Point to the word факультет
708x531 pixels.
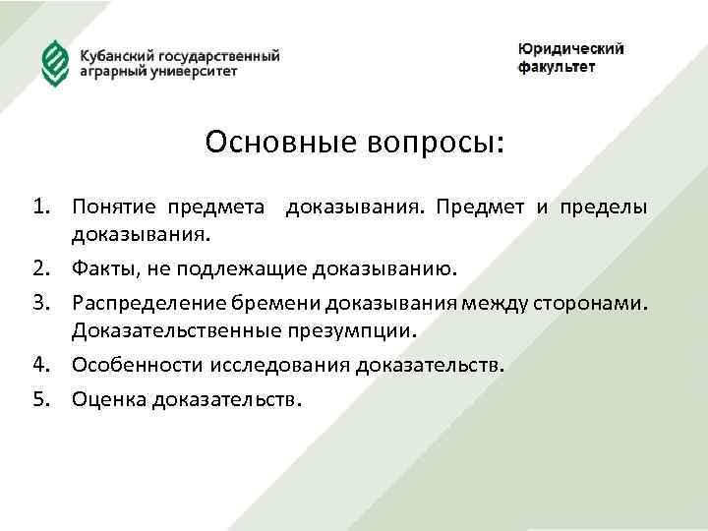pyautogui.click(x=557, y=68)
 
